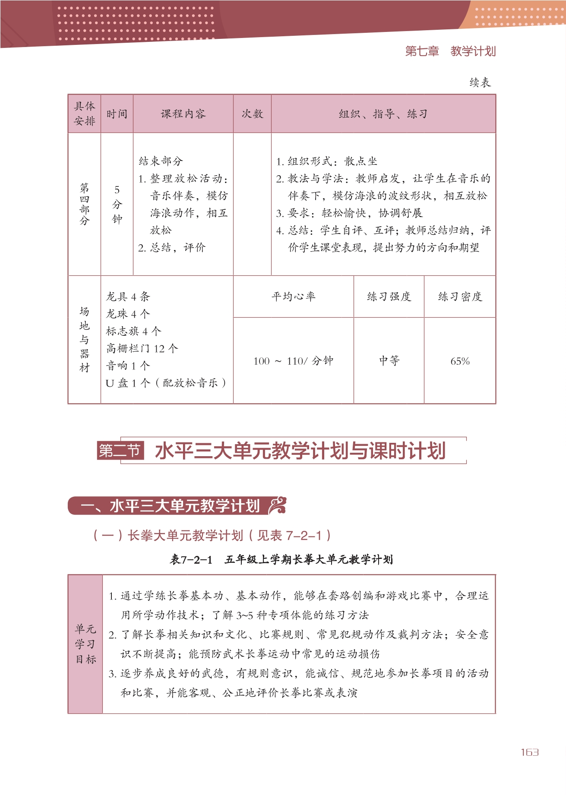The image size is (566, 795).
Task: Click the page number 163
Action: click(529, 752)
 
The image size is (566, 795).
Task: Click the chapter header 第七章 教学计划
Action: click(450, 51)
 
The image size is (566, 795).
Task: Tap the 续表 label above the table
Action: click(480, 82)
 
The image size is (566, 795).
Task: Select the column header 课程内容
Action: click(183, 114)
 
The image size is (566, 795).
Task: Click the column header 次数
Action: click(252, 114)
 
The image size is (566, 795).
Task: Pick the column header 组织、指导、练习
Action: click(383, 114)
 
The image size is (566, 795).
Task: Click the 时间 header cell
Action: click(117, 114)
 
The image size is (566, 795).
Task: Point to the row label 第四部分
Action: click(84, 204)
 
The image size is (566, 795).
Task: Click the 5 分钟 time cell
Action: click(117, 205)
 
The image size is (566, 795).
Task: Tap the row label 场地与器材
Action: click(84, 339)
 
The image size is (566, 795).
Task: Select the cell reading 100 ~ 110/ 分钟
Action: click(293, 361)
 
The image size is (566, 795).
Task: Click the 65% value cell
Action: click(460, 361)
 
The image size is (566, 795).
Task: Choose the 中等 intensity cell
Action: click(389, 361)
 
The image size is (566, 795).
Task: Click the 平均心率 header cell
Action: click(293, 297)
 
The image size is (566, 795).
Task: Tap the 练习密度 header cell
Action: click(460, 297)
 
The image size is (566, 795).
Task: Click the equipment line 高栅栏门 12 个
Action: click(142, 348)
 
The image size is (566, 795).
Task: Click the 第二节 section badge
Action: click(120, 451)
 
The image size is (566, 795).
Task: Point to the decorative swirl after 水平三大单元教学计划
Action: click(277, 505)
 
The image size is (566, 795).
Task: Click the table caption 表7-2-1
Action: click(191, 560)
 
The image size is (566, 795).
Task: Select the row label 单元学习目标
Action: click(85, 644)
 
